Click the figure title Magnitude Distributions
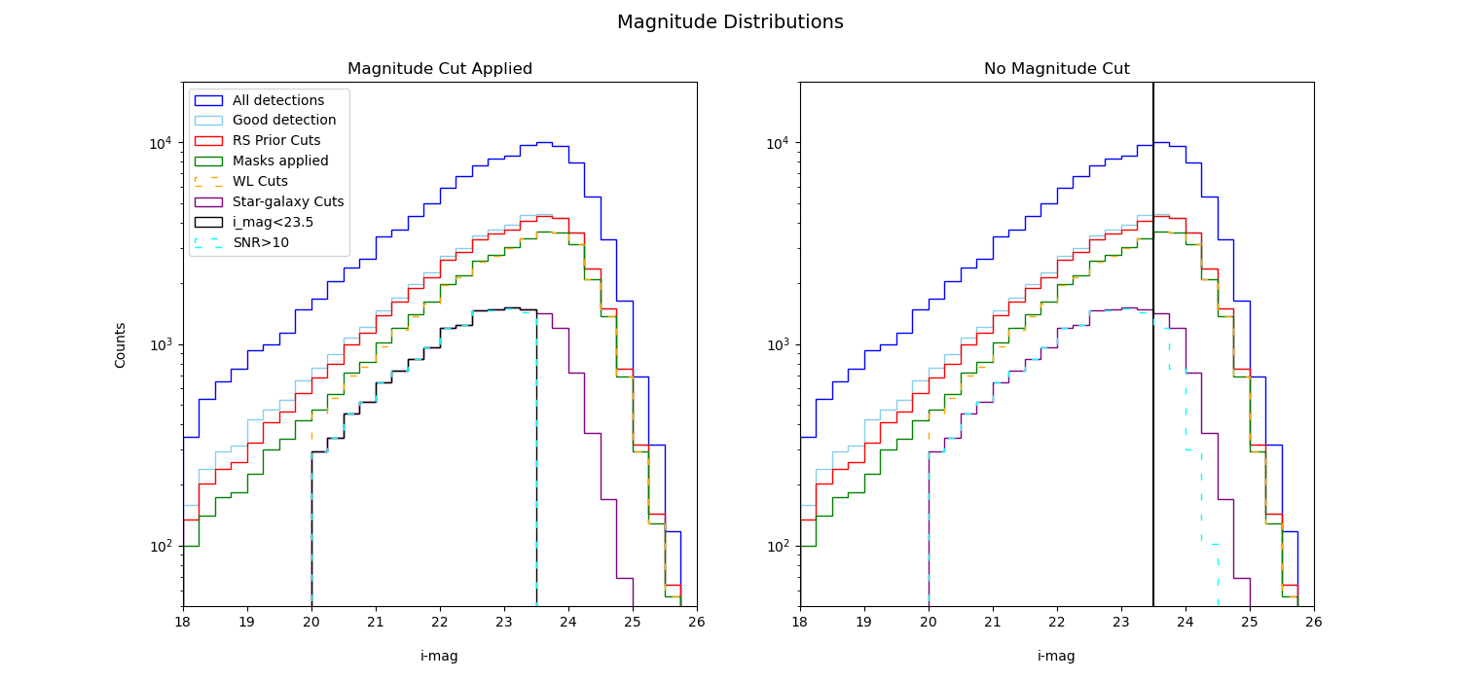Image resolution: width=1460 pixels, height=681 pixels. [x=730, y=22]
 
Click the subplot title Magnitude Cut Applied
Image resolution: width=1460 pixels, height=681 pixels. [x=440, y=69]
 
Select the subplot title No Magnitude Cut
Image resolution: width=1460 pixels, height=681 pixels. [x=1056, y=69]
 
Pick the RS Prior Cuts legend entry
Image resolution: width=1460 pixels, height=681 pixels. [x=275, y=141]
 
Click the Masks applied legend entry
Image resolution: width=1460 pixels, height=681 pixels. [x=279, y=161]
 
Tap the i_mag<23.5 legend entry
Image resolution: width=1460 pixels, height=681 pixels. [x=272, y=223]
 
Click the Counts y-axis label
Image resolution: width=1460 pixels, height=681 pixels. [x=121, y=344]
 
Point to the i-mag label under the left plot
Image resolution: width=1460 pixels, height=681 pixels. [x=439, y=657]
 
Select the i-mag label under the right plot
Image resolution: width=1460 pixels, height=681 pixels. [x=1056, y=657]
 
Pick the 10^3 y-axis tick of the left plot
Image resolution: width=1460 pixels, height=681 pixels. [x=162, y=345]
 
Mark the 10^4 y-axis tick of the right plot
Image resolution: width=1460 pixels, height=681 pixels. [x=779, y=144]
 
